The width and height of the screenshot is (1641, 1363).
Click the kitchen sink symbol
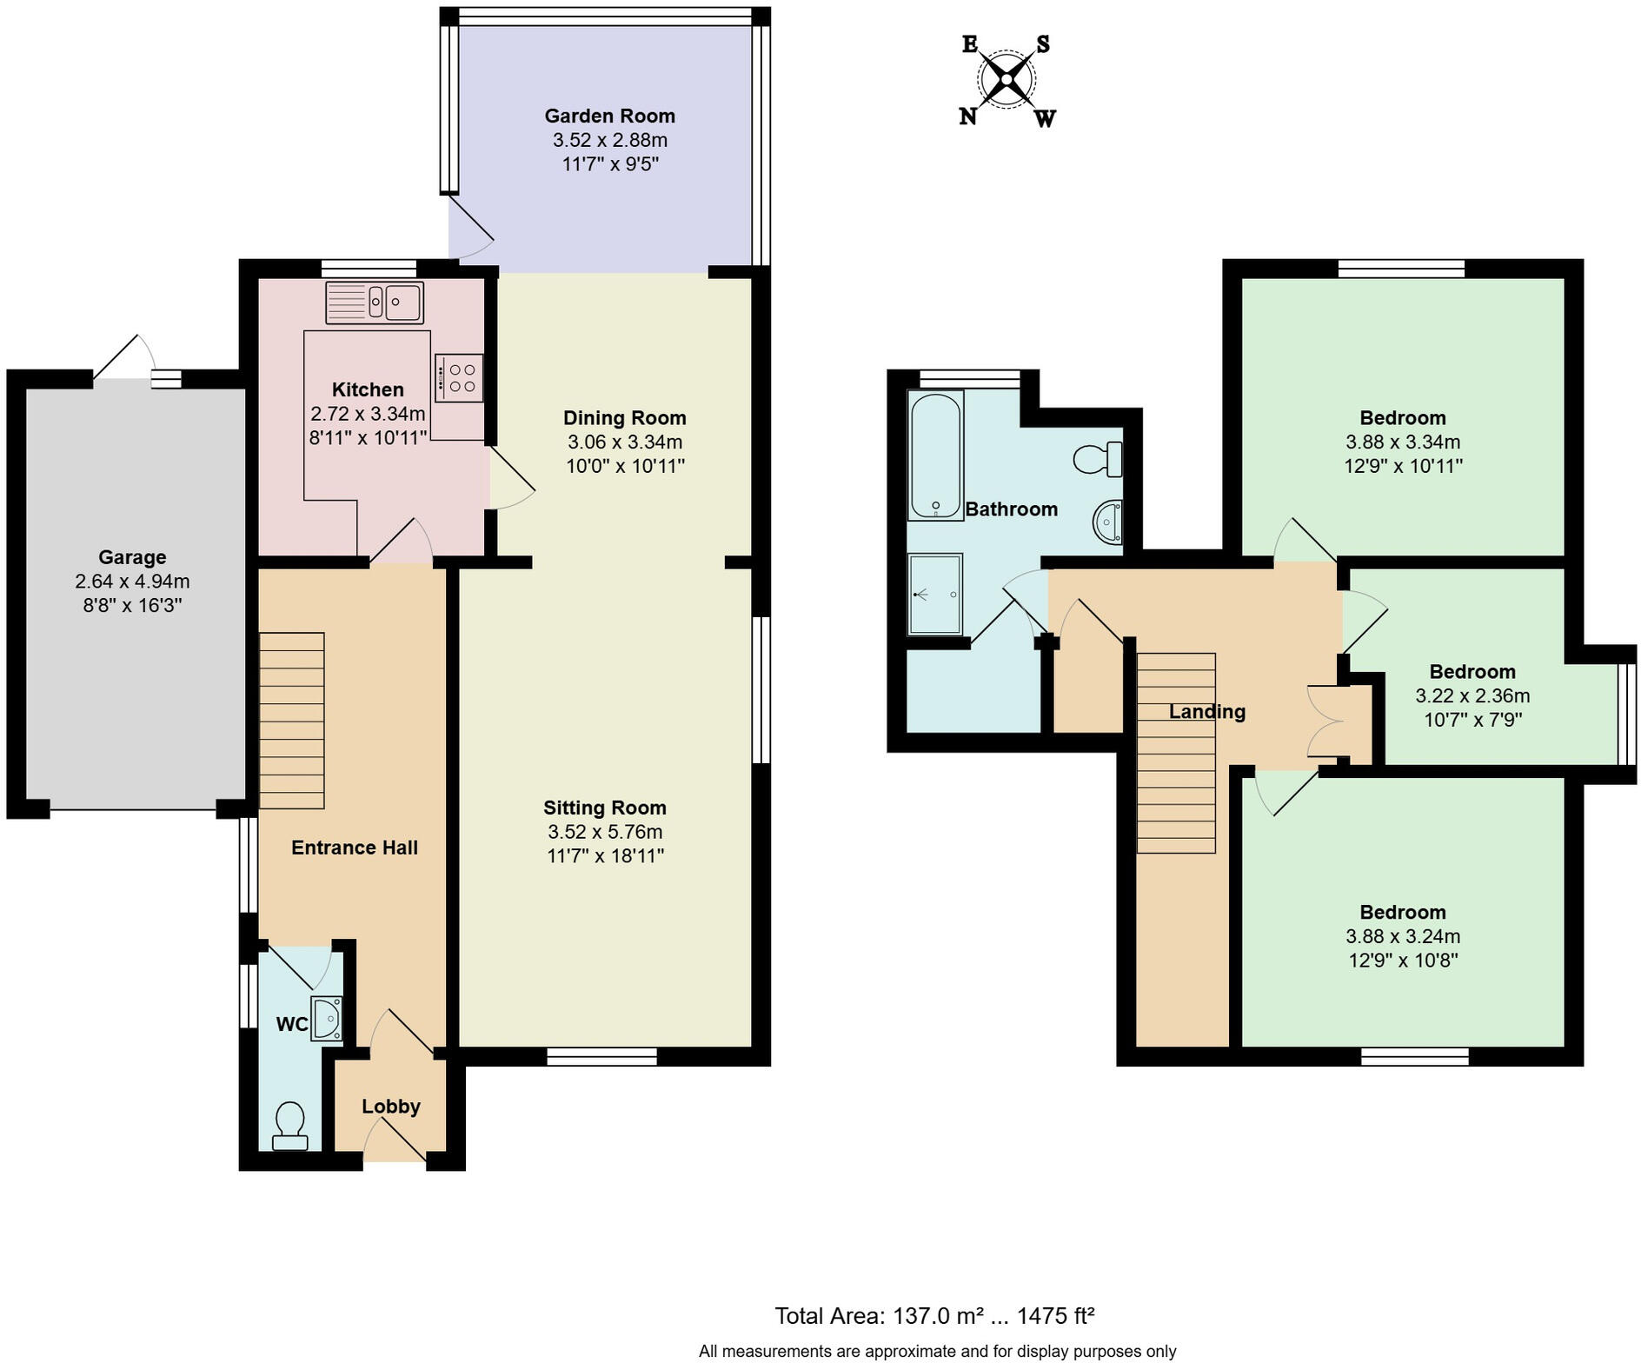point(375,303)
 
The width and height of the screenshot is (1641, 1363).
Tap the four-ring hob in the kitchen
point(459,378)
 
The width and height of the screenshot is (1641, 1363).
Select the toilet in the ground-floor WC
point(289,1126)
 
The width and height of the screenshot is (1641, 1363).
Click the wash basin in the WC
point(327,1019)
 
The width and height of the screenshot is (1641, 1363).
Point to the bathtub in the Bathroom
point(934,455)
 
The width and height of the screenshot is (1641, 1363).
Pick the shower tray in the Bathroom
point(934,595)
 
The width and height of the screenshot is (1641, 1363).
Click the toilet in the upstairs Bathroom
point(1098,458)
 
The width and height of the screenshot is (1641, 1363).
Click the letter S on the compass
point(1042,44)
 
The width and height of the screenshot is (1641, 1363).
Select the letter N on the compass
point(967,116)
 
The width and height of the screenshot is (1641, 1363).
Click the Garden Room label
point(609,116)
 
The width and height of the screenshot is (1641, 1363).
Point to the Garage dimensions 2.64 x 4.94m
point(132,582)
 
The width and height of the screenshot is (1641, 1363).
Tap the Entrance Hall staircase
point(291,721)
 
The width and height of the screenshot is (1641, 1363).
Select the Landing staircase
point(1176,753)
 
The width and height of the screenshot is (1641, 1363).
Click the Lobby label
point(391,1107)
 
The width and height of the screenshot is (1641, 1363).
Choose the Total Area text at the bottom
point(934,1316)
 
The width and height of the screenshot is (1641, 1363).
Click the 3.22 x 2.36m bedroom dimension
point(1472,696)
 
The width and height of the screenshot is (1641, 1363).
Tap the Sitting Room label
point(605,808)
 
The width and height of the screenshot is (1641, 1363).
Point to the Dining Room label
point(624,418)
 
